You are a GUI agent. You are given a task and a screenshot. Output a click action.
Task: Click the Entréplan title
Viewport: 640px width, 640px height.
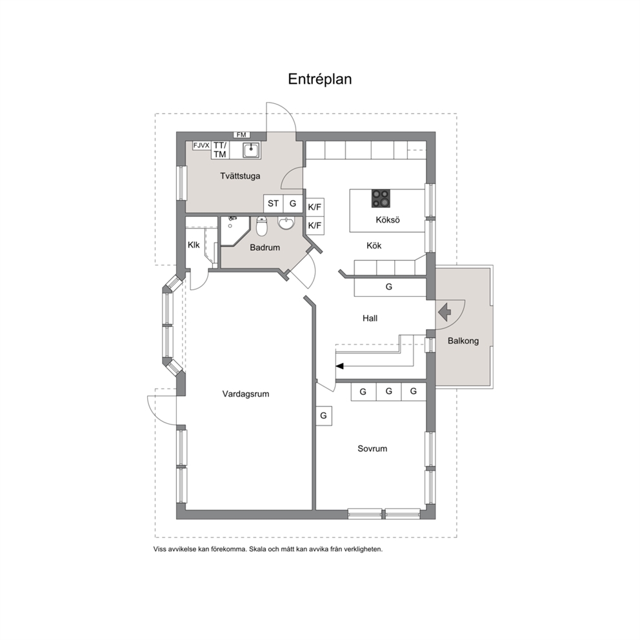click(319, 79)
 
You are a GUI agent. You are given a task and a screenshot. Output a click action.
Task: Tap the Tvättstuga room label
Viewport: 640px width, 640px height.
click(240, 176)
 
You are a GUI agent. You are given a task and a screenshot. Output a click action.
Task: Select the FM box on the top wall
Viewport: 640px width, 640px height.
click(241, 135)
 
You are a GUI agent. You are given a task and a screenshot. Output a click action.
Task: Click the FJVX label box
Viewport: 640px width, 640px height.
click(201, 145)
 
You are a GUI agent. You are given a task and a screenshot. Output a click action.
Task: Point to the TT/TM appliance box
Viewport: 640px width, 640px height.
click(219, 150)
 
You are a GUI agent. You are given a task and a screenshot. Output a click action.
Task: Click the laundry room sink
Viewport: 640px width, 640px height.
click(251, 150)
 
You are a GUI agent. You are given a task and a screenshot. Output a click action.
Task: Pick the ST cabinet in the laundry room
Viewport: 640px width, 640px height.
click(273, 203)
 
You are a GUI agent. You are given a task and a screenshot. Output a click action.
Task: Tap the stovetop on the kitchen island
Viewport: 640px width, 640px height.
click(381, 198)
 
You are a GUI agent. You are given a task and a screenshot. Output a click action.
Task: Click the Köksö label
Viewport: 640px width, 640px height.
click(388, 220)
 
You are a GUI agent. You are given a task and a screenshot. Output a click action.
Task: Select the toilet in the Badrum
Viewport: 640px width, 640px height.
click(261, 226)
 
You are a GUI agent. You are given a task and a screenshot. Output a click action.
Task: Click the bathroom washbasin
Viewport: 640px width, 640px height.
click(286, 223)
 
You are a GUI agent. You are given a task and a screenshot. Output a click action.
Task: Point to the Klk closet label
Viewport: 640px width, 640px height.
click(194, 245)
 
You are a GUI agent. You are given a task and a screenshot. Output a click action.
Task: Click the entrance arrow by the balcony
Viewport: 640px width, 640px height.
click(445, 312)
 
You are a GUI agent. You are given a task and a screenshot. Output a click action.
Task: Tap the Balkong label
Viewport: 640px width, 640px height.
click(463, 341)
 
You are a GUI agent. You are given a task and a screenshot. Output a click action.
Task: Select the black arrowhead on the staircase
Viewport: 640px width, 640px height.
click(339, 366)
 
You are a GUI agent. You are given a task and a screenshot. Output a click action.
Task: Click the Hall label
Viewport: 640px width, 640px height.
click(370, 318)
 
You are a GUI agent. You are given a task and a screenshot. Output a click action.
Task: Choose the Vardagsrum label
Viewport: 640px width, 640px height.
click(246, 394)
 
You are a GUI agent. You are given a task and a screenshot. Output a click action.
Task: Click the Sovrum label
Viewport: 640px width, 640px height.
click(372, 448)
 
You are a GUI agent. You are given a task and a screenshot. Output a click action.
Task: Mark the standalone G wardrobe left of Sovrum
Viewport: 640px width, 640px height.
click(324, 416)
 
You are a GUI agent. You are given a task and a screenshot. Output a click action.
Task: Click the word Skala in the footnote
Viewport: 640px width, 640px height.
click(258, 550)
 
